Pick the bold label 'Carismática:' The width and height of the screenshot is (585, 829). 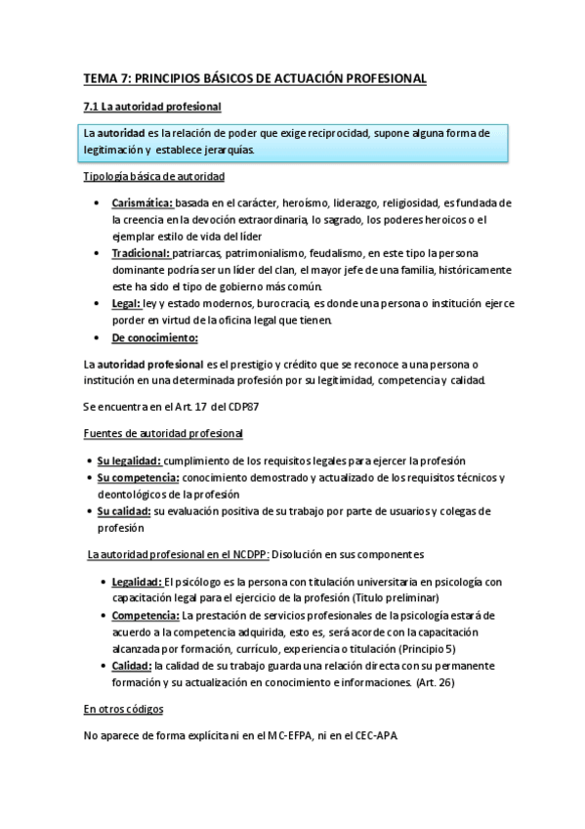click(143, 202)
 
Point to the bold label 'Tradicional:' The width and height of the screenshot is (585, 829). click(141, 252)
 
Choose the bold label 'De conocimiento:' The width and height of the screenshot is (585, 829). click(154, 337)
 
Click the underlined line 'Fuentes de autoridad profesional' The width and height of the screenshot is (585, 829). click(163, 432)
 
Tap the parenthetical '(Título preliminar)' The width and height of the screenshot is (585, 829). click(389, 597)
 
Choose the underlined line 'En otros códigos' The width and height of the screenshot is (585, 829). click(123, 708)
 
